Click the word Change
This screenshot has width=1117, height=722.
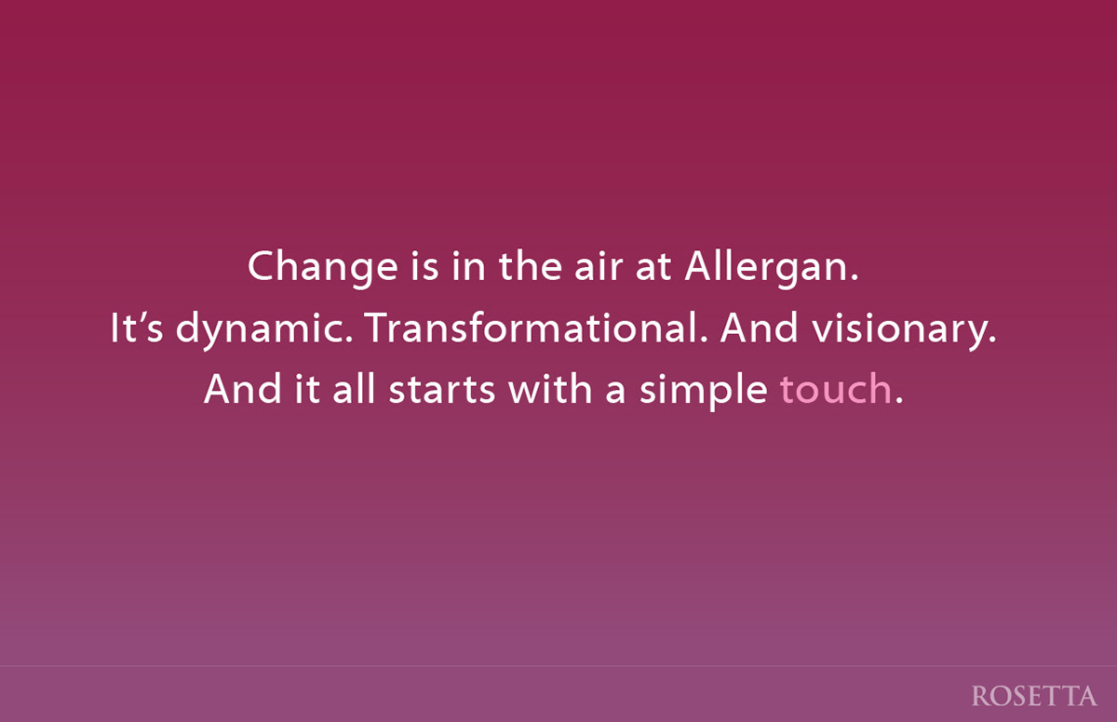coord(323,268)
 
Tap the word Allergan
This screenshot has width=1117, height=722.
coord(772,268)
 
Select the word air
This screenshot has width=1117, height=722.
coord(599,267)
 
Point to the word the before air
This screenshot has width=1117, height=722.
coord(530,266)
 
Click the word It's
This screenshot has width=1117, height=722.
coord(136,328)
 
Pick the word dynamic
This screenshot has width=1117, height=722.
coord(264,330)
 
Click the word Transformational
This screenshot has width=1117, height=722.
coord(536,328)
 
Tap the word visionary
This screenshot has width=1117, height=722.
coord(904,330)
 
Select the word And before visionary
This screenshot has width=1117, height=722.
coord(759,328)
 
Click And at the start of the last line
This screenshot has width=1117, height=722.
coord(243,389)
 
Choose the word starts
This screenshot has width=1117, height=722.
coord(441,390)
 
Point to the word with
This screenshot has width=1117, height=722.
coord(549,389)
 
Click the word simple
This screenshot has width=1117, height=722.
coord(703,392)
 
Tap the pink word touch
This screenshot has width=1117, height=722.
coord(836,389)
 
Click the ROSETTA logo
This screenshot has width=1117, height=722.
coord(1034,696)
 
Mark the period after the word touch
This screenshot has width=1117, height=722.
coord(899,401)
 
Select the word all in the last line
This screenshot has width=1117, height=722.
coord(354,389)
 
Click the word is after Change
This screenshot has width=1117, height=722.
coord(424,267)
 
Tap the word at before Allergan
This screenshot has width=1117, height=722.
coord(653,268)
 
